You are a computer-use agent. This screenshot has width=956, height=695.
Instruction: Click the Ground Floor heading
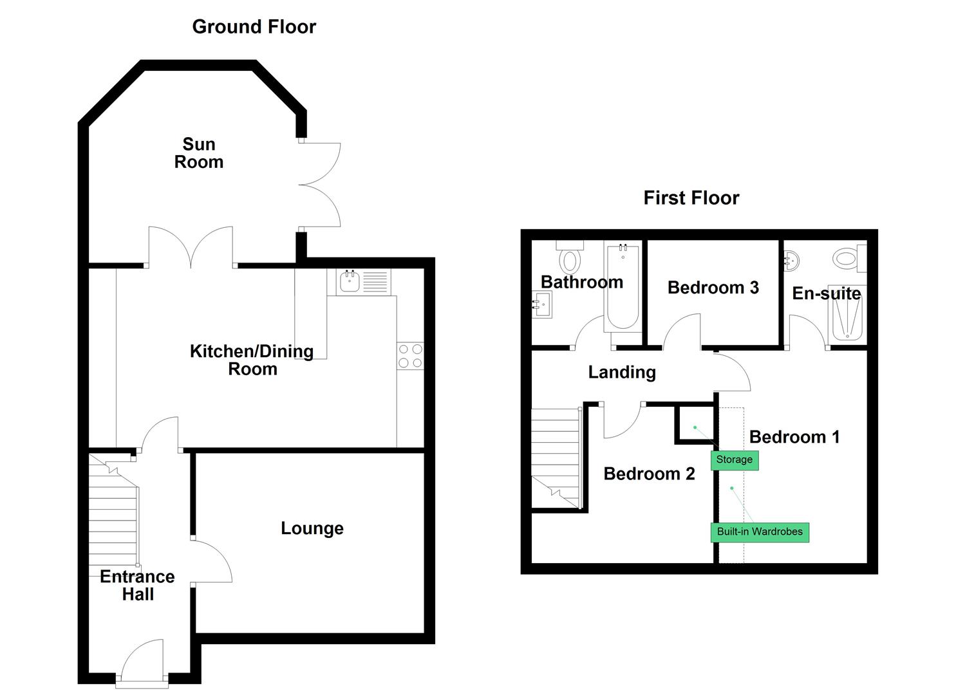(x=254, y=27)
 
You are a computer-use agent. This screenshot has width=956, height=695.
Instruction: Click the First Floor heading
(x=691, y=198)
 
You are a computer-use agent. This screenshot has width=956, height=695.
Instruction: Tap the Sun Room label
(x=198, y=153)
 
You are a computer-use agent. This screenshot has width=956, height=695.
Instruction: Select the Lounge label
(x=312, y=528)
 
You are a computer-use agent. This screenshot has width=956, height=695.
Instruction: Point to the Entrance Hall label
(x=137, y=585)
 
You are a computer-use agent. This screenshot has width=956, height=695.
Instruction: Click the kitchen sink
(x=350, y=281)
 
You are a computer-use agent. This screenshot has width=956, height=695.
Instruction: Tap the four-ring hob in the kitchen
(x=410, y=356)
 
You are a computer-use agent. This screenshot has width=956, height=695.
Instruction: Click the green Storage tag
(x=734, y=459)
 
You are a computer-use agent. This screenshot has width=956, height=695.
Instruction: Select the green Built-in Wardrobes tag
(x=760, y=532)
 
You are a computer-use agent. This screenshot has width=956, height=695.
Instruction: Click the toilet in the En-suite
(x=848, y=259)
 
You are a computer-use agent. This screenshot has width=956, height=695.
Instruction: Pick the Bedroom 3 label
(x=713, y=288)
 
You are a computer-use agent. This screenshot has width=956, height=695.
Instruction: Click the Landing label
(x=621, y=372)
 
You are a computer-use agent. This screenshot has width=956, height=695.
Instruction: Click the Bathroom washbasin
(x=542, y=304)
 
